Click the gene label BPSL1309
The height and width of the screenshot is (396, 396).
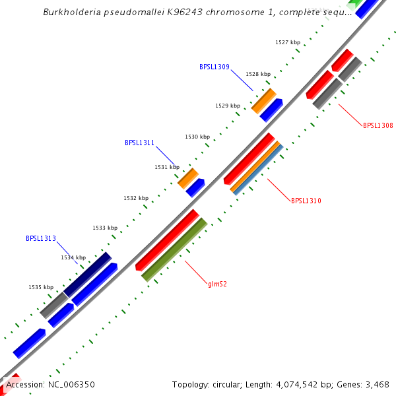[x=214, y=67]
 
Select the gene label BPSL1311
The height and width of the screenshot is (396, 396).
[x=140, y=143]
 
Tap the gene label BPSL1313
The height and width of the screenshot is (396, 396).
[x=41, y=238]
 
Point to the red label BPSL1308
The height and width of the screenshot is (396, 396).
[x=378, y=125]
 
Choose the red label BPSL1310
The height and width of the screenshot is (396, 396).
[x=306, y=201]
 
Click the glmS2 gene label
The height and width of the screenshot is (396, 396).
[x=218, y=284]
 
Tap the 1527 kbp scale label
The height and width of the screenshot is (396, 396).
[x=288, y=42]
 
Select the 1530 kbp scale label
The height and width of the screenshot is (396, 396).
[x=197, y=137]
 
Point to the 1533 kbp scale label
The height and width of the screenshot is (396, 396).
[x=105, y=228]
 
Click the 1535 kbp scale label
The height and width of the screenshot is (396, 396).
[x=41, y=287]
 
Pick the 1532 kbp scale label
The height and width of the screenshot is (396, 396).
[x=136, y=198]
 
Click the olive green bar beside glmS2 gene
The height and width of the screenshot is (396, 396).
[x=175, y=249]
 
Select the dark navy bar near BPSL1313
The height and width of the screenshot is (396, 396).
[x=88, y=274]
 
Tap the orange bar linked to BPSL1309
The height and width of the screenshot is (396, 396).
[x=264, y=100]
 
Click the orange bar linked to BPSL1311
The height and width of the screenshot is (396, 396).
[x=188, y=178]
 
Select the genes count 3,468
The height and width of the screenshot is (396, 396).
[x=375, y=384]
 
